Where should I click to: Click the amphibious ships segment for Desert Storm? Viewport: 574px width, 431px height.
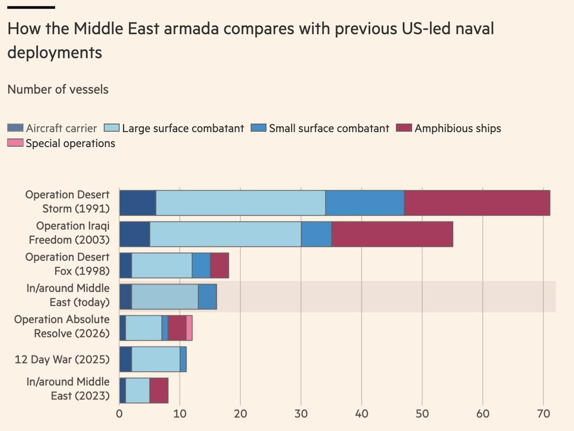click(x=477, y=203)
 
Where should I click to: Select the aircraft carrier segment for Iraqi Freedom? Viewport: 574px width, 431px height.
click(x=135, y=234)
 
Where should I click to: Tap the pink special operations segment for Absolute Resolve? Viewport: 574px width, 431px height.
click(x=189, y=328)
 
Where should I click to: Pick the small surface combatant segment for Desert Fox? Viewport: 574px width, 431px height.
click(x=201, y=265)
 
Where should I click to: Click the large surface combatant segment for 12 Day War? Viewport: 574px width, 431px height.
click(x=156, y=359)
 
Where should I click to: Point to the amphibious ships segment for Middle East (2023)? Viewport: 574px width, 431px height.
click(x=159, y=390)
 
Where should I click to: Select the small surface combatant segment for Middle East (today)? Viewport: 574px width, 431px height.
click(x=207, y=297)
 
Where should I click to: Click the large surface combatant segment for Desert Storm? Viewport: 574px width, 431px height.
click(x=240, y=203)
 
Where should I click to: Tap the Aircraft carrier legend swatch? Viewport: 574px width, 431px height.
click(x=15, y=128)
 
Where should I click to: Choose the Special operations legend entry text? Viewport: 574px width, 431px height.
click(x=70, y=143)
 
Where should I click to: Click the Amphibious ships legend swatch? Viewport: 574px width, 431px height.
click(x=404, y=128)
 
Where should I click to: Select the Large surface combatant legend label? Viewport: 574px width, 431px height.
click(x=183, y=128)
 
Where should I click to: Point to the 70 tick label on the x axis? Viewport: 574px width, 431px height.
click(x=543, y=413)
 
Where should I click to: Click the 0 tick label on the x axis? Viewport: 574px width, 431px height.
click(x=119, y=413)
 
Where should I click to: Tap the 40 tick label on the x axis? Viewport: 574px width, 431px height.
click(x=361, y=413)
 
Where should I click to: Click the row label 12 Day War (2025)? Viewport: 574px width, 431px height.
click(x=62, y=360)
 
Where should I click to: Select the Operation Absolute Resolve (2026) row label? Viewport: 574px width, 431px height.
click(x=62, y=326)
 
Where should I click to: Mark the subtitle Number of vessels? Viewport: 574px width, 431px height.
click(x=58, y=89)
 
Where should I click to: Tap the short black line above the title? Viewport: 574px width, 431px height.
click(x=31, y=8)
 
